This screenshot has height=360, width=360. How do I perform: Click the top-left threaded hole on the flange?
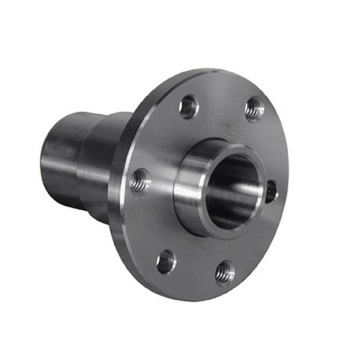(188, 106)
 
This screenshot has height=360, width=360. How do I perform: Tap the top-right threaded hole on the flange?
(254, 109)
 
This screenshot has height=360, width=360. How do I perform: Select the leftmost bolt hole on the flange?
(139, 181)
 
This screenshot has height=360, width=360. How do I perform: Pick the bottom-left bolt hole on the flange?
(166, 261)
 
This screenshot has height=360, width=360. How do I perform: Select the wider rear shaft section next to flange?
(101, 165)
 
